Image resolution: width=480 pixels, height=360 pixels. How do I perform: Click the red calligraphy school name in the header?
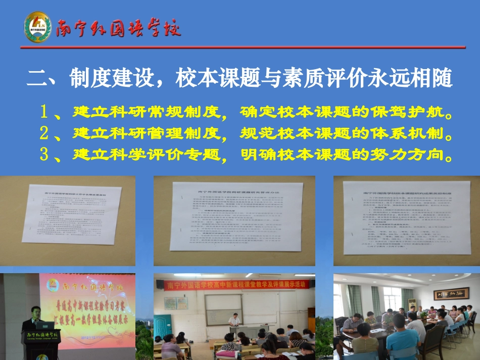tap(118, 28)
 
